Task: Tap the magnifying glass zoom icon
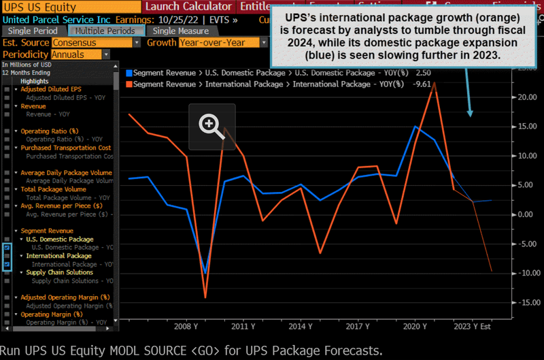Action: (x=211, y=126)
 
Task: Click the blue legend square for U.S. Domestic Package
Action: (x=129, y=72)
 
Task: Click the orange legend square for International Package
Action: (x=129, y=84)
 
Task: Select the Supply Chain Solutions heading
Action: (x=60, y=272)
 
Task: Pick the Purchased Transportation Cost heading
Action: (x=65, y=148)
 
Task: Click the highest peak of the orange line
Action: (x=435, y=82)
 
